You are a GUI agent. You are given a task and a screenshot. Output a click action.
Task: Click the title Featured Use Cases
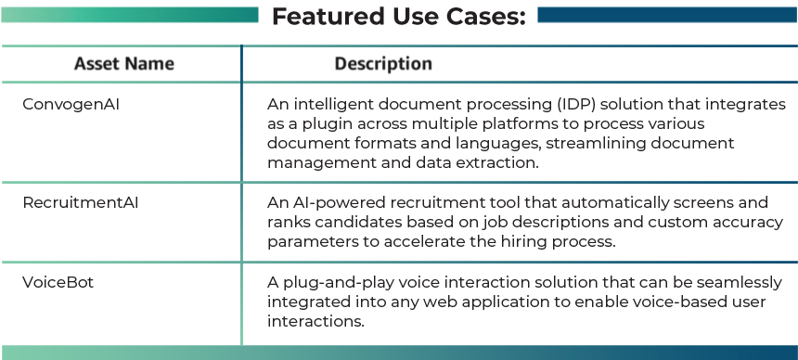pos(399,16)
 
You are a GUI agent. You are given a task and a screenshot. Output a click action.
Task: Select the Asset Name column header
pos(124,64)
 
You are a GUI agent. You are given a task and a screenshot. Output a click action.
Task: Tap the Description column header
pos(383,64)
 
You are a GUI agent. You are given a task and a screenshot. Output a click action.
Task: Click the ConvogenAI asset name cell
pos(71,105)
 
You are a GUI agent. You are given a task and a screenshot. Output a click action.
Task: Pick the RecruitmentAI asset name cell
pos(81,202)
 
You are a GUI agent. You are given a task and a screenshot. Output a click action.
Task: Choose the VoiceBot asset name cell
pos(58,282)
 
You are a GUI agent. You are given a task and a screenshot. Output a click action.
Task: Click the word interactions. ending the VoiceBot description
pos(316,321)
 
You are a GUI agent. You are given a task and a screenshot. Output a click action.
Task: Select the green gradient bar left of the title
pos(130,15)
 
